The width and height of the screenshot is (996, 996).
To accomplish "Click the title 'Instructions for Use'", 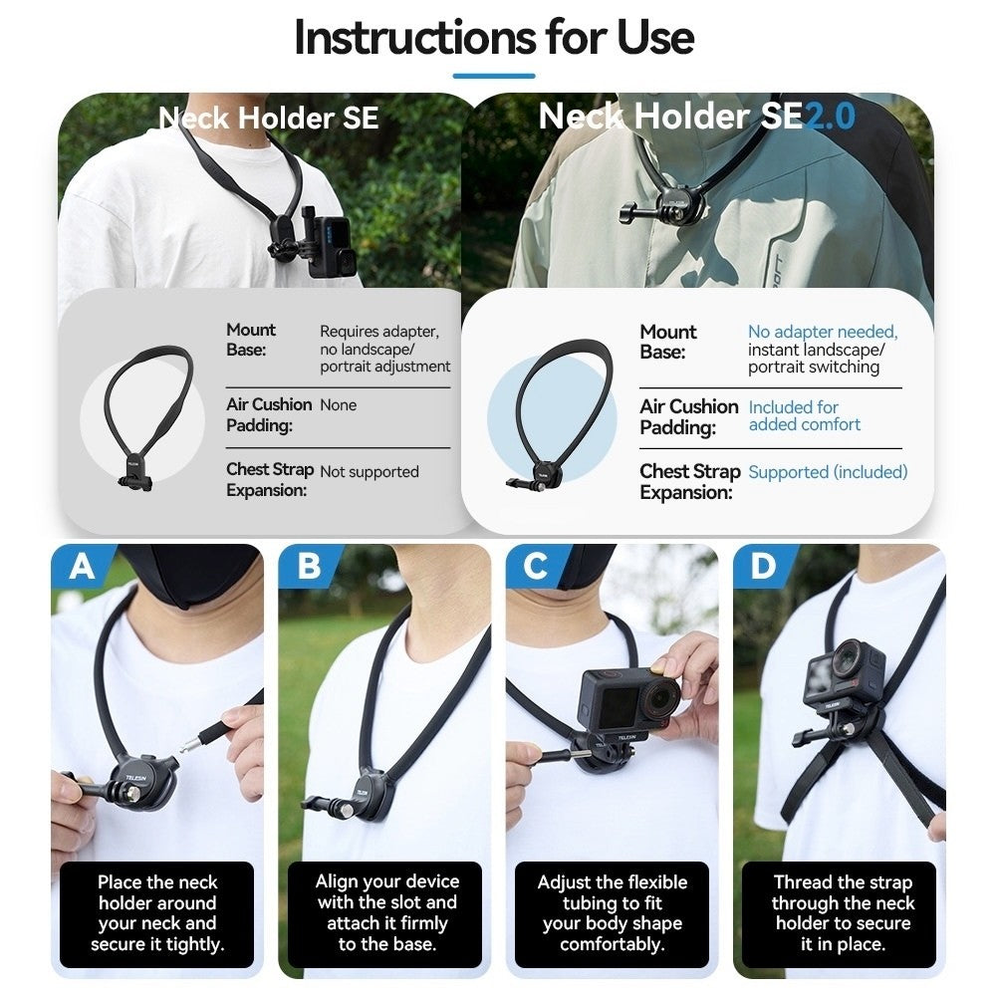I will point(494,38).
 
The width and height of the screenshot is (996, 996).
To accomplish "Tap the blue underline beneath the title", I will point(494,76).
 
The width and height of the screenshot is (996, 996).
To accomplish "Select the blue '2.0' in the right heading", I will point(830,117).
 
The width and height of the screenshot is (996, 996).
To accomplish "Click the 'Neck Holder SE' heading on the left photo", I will point(269,119).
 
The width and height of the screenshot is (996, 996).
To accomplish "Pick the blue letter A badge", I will point(82,567).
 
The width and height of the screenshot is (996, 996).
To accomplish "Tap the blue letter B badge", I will point(309,567).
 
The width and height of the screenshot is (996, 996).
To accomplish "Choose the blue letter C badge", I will point(536,567).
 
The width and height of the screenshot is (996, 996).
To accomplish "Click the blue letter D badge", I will point(763,567).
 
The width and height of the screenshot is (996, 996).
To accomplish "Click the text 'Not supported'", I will point(370,472).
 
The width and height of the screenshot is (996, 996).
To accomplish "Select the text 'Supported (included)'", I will point(828,472).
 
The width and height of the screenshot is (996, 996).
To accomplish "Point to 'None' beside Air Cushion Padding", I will point(338,405).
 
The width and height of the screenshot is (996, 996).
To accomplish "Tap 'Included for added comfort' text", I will point(804,416).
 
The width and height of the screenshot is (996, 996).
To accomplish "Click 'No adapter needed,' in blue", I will point(823,332).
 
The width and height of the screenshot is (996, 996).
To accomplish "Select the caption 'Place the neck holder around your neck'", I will point(157,913).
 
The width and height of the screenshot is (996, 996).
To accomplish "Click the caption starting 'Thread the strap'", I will point(842,913).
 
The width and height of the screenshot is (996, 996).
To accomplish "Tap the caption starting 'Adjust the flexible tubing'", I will point(613,913).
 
